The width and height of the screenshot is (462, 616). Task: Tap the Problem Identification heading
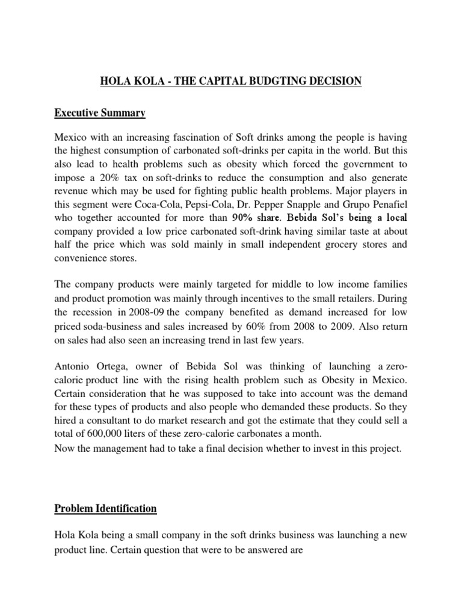tap(105, 508)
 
